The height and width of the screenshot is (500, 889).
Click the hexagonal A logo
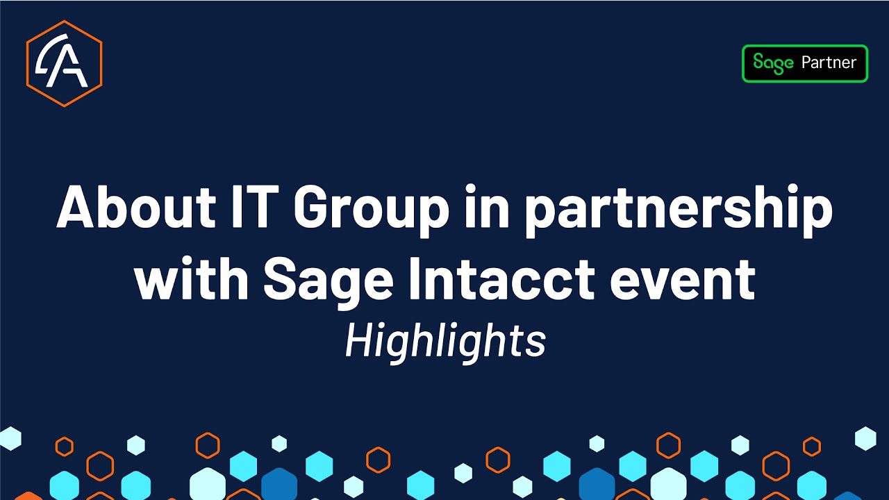coord(64,63)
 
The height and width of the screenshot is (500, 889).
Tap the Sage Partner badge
coord(805,64)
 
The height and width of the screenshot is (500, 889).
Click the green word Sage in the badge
coord(773,63)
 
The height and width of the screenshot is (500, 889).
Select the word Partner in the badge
coord(829,63)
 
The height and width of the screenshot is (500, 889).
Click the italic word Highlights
coord(445,342)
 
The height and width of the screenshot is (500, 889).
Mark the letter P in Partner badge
coord(807,63)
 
